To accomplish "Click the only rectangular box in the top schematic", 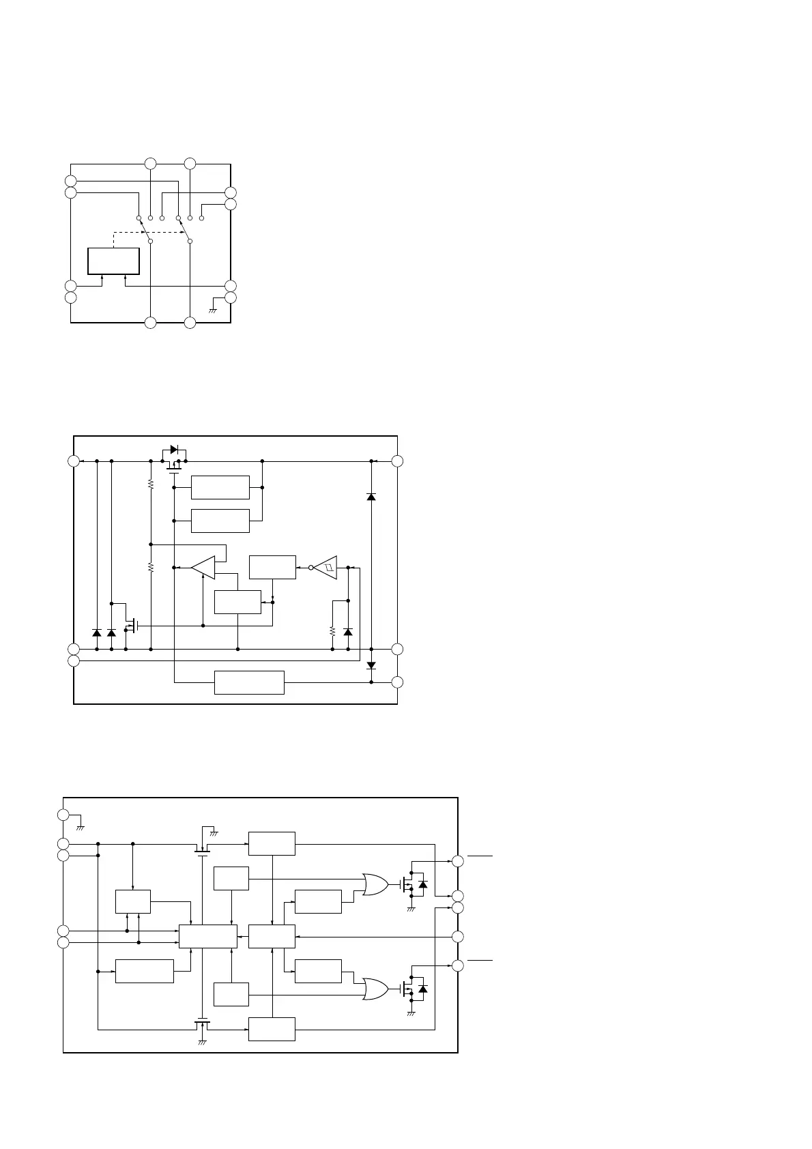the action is [113, 261].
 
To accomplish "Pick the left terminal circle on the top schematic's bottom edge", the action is [151, 323].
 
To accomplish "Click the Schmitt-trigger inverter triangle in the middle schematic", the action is [327, 567].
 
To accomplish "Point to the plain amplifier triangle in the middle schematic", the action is [203, 567].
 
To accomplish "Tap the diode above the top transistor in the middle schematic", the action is [174, 449].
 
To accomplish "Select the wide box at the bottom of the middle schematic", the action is [249, 682].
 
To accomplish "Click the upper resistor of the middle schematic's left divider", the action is [151, 484].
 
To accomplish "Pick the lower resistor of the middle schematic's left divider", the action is [151, 567].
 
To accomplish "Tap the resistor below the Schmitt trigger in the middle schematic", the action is [332, 631].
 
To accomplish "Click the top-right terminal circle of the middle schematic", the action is [398, 461].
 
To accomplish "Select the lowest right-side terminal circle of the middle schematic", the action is [398, 682].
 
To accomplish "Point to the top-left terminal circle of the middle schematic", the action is [73, 461].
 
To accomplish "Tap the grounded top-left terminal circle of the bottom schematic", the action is [63, 815].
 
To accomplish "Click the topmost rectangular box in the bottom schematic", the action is [272, 843].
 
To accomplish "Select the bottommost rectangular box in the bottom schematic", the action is [272, 1029].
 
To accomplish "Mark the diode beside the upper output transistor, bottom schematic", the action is [422, 885].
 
